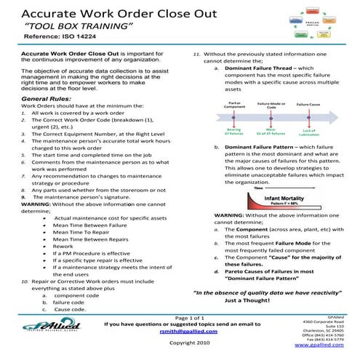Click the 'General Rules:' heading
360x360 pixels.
tap(48, 98)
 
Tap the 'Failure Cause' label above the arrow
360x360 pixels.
tap(308, 105)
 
